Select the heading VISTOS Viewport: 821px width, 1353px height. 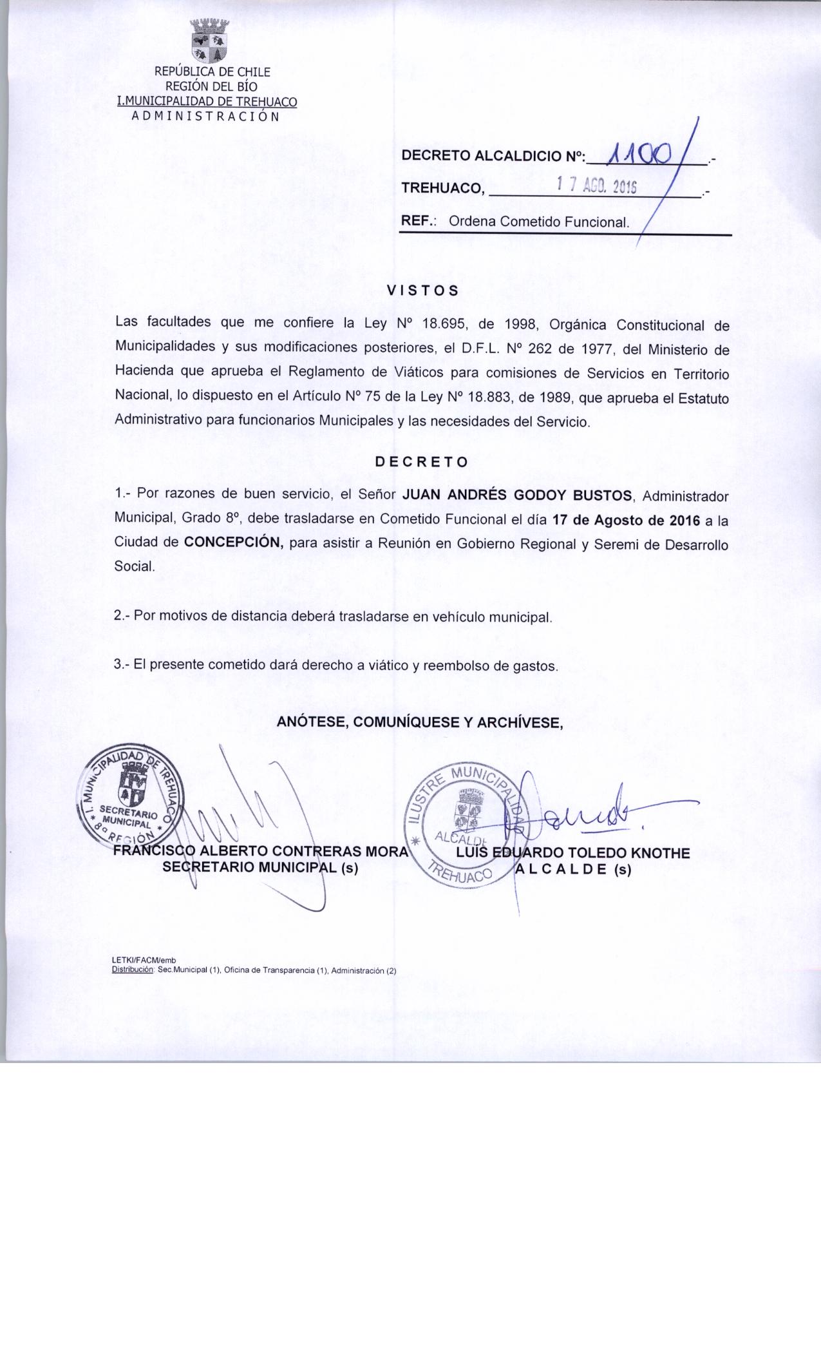coord(422,290)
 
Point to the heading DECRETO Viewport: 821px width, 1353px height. coord(422,462)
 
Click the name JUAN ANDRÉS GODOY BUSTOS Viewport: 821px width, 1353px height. coord(518,495)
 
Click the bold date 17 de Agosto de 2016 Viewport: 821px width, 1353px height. coord(622,519)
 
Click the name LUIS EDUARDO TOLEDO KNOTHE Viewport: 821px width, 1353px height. coord(572,853)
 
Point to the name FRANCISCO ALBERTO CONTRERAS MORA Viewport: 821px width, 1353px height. coord(260,852)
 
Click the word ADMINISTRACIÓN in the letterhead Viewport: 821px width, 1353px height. coord(205,117)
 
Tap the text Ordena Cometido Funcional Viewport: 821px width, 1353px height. coord(538,222)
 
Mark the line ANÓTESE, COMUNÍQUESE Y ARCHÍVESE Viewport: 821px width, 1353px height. coord(420,722)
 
